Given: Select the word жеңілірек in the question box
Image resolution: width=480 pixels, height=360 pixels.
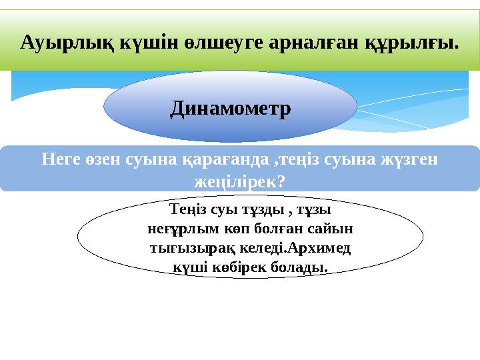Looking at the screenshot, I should pos(233,181).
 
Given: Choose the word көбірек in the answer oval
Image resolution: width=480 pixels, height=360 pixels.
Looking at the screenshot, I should pos(229,267).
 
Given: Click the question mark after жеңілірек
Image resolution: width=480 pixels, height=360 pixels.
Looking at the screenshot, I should pos(279,181).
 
